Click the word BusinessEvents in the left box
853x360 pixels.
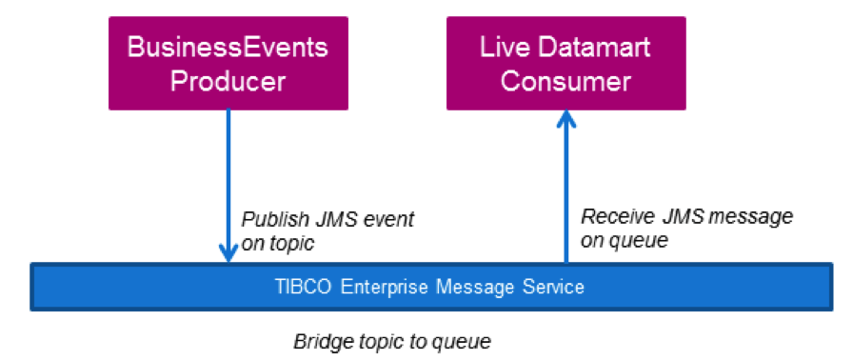(x=228, y=48)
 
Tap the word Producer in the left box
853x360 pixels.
(x=228, y=82)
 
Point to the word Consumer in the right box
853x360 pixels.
(x=565, y=82)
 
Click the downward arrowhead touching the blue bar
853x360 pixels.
(x=228, y=252)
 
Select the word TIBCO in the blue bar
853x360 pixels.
(x=303, y=287)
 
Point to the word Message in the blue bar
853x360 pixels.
(x=475, y=288)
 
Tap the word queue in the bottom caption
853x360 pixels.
(x=464, y=343)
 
